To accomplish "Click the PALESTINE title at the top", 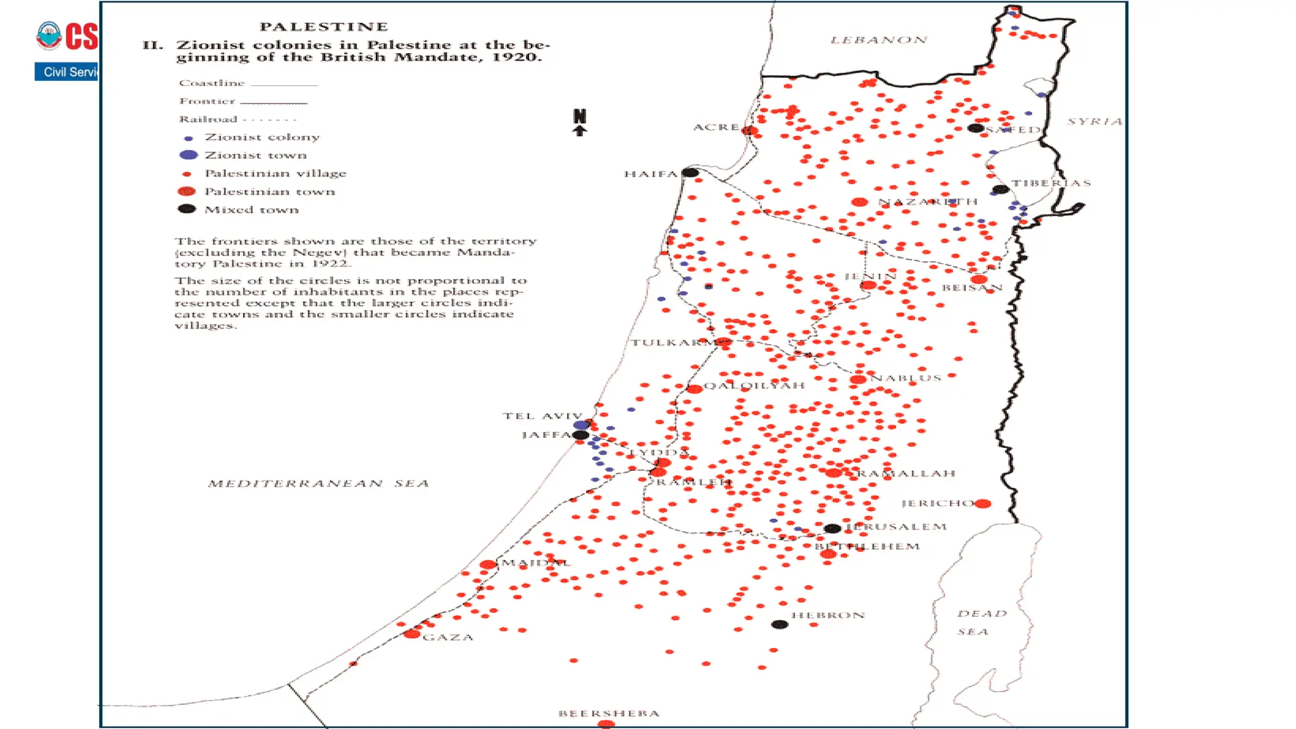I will pos(323,27).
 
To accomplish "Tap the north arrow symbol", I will pos(580,123).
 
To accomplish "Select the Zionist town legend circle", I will pos(189,155).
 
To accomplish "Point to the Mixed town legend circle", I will pos(187,209).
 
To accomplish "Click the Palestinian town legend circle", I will pos(187,191).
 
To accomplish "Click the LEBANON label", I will pos(879,40).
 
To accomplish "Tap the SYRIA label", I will pos(1094,121).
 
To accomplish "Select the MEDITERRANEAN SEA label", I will pos(319,483).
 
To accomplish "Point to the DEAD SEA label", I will pos(980,622).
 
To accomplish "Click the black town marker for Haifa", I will pos(690,172).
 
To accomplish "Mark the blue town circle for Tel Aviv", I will pos(582,425).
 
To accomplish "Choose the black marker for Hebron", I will pos(780,625).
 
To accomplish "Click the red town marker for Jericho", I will pos(983,504).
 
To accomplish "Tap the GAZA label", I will pos(448,637).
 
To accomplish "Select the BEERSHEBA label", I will pos(609,713).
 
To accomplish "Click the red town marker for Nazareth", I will pos(859,202).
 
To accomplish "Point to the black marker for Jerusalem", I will pos(832,528).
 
